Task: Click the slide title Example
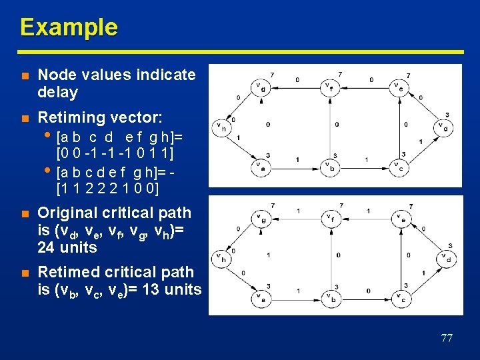pyautogui.click(x=69, y=27)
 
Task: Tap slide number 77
pyautogui.click(x=447, y=338)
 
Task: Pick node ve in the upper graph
pyautogui.click(x=399, y=87)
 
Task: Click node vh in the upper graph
pyautogui.click(x=220, y=126)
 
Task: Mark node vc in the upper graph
pyautogui.click(x=399, y=167)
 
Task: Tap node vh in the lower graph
pyautogui.click(x=220, y=257)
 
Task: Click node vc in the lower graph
pyautogui.click(x=399, y=298)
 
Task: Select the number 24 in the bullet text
pyautogui.click(x=47, y=247)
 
